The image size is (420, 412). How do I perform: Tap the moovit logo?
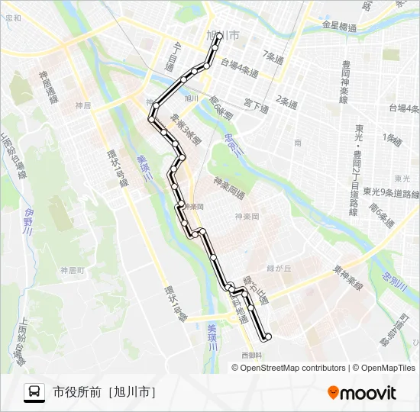pos(362,393)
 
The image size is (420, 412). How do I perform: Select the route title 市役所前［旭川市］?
pos(104,392)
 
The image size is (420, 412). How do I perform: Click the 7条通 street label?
pos(273,56)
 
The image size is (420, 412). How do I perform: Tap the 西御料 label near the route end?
pos(251,355)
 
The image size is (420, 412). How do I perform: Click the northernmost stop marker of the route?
pos(219,36)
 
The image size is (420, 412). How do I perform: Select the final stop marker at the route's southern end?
pos(268,336)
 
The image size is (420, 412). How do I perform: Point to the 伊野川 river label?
pos(29,220)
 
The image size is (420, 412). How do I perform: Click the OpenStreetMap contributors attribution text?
pos(293,368)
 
